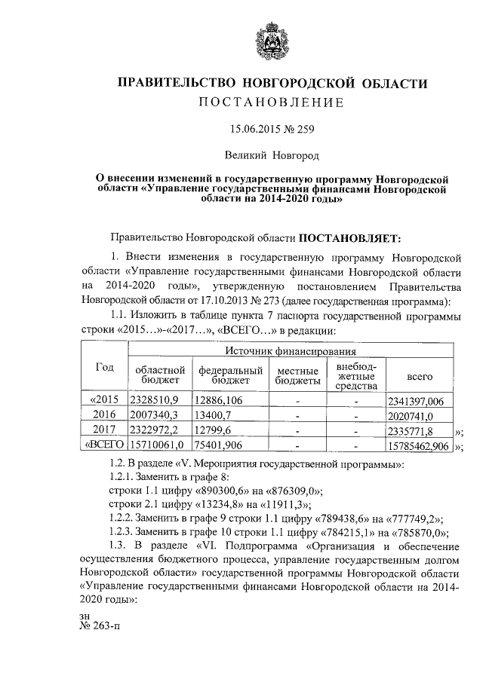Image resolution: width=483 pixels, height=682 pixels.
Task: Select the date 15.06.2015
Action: pyautogui.click(x=256, y=129)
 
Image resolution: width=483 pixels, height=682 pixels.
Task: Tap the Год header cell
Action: pyautogui.click(x=104, y=367)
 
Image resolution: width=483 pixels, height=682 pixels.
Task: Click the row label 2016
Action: pyautogui.click(x=104, y=414)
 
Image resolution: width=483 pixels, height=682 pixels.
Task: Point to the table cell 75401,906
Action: pyautogui.click(x=220, y=446)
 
